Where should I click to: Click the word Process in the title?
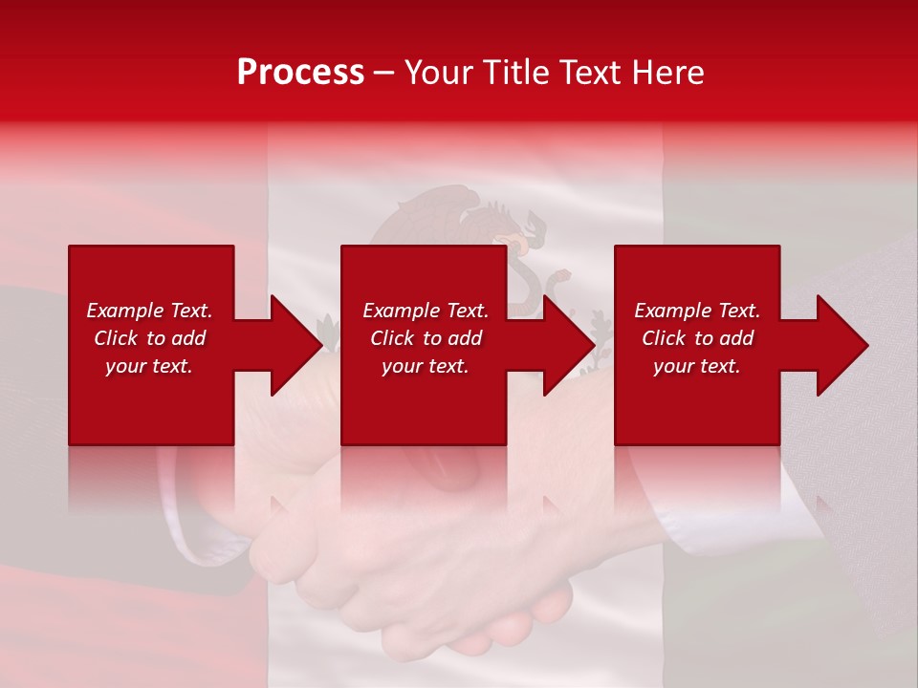(300, 73)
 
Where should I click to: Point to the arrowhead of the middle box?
(567, 345)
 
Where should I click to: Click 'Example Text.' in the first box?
(149, 311)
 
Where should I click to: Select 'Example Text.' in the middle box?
(425, 311)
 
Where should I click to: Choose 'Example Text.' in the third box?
(697, 311)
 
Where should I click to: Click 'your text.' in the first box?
(149, 366)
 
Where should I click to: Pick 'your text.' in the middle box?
(425, 366)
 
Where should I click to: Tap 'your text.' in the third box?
(697, 366)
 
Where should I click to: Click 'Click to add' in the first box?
(149, 338)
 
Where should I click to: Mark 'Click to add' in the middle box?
(425, 338)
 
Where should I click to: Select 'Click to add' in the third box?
(697, 338)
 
